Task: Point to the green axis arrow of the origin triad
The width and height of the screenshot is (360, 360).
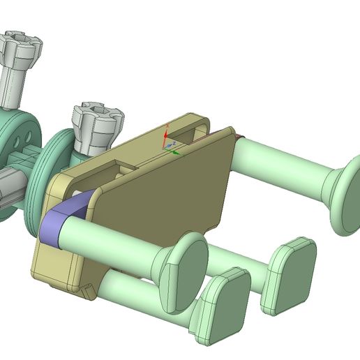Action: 177,151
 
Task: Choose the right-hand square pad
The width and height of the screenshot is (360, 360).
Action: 288,276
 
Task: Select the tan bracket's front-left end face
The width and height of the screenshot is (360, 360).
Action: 53,265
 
